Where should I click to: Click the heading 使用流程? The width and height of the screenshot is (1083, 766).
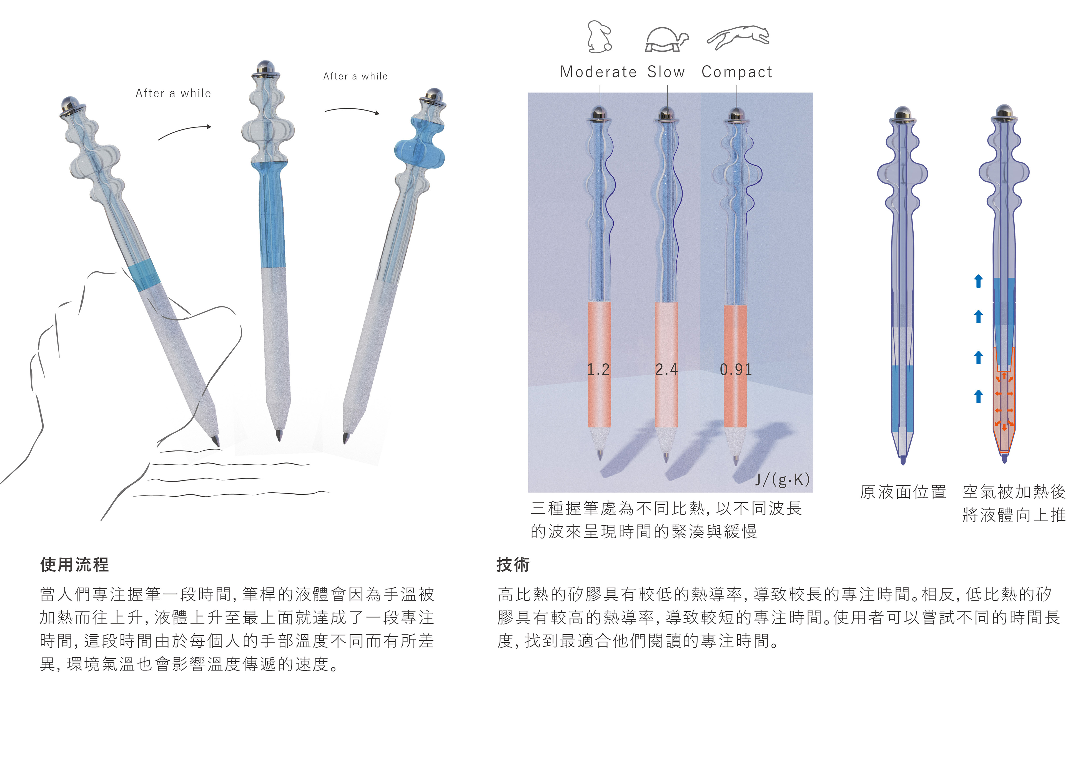click(74, 565)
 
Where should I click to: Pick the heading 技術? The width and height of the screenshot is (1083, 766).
click(513, 565)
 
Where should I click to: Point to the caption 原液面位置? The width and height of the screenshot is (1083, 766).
click(903, 492)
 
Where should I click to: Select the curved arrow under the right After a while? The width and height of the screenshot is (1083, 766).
click(352, 110)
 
